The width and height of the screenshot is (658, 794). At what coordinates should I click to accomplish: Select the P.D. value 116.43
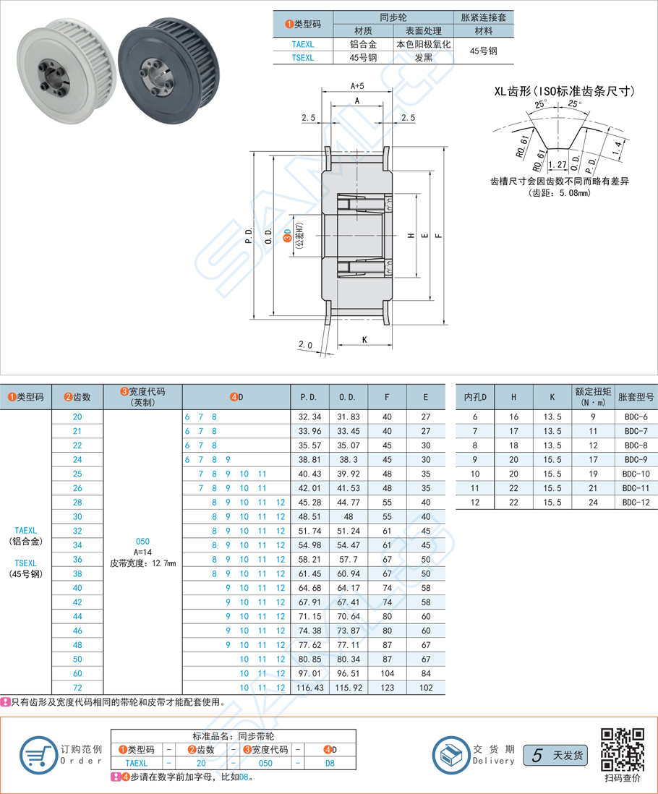pos(309,687)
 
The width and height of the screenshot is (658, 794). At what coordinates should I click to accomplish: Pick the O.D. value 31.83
pos(349,417)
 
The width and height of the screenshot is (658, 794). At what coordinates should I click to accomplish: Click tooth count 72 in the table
pos(77,687)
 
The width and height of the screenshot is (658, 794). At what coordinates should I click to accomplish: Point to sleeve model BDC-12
pos(636,502)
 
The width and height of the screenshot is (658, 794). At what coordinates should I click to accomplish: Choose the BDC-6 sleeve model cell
pos(636,417)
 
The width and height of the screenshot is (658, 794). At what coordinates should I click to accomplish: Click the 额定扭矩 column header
pos(593,397)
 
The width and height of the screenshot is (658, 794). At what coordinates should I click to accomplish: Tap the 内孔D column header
pos(475,397)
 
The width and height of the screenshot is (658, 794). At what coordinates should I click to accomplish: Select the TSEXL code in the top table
pos(302,58)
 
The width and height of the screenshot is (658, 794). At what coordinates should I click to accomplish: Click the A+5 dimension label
pos(357,86)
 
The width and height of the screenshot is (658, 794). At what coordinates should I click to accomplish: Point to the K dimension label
pos(364,340)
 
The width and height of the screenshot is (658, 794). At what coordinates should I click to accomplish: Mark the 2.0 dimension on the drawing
pos(304,346)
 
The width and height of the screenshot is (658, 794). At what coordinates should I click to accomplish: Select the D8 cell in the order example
pos(329,763)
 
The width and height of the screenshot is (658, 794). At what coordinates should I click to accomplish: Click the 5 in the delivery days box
pos(536,755)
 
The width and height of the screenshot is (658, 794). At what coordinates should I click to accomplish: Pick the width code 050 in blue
pos(143,540)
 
